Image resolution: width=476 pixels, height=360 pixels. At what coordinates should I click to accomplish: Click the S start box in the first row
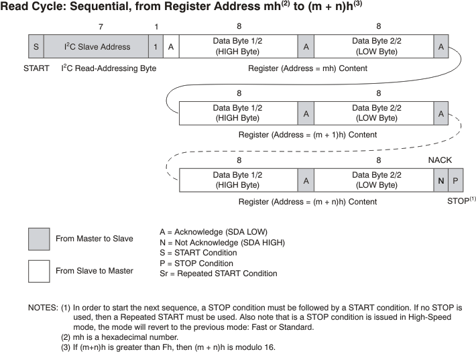(x=36, y=47)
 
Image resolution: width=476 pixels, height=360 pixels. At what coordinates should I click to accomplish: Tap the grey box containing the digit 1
(x=156, y=47)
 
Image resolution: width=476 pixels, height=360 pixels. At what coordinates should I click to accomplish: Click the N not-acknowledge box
(x=440, y=180)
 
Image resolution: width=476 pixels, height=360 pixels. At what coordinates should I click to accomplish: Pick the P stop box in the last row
(x=455, y=180)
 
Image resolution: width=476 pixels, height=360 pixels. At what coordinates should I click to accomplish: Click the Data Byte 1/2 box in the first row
(x=238, y=47)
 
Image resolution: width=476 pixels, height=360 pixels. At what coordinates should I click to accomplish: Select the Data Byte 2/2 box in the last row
(x=373, y=180)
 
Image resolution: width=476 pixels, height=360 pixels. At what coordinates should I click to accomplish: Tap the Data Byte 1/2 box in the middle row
(x=238, y=113)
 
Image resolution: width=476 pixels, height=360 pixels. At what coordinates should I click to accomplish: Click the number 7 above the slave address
(x=101, y=26)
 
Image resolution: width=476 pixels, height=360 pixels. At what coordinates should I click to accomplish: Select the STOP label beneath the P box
(x=460, y=200)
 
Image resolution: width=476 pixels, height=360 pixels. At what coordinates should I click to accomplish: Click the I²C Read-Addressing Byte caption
(x=109, y=68)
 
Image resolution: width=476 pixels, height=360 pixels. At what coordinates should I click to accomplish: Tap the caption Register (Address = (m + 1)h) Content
(x=307, y=134)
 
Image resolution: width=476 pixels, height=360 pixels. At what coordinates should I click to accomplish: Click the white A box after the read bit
(x=171, y=47)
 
